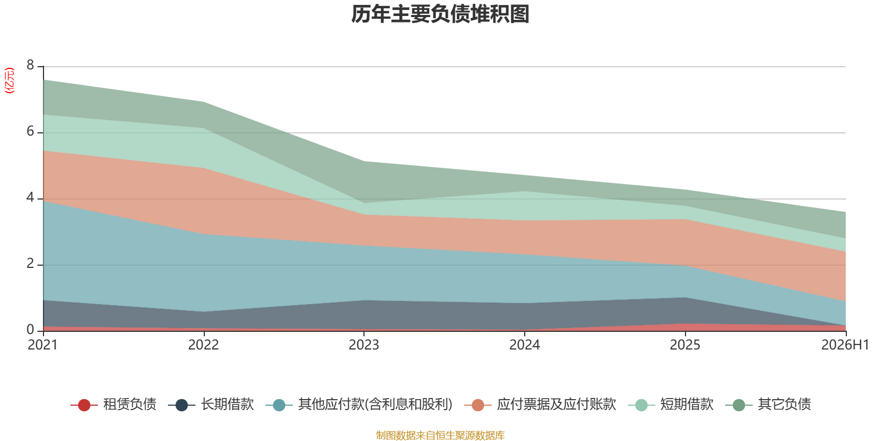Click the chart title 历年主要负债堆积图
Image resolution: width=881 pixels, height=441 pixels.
[440, 14]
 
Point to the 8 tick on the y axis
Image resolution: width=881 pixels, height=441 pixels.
[30, 65]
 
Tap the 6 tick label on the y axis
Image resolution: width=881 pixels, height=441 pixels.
[30, 132]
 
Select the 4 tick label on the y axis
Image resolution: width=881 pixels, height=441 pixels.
[30, 198]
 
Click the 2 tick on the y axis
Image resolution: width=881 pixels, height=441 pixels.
[30, 264]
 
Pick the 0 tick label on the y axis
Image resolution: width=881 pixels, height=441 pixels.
[30, 330]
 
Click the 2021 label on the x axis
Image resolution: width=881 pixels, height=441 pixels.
[43, 345]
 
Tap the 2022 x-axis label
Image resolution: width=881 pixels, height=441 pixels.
[203, 345]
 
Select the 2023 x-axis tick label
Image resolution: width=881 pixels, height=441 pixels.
[364, 345]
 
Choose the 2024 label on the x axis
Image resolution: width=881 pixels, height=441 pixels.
[525, 345]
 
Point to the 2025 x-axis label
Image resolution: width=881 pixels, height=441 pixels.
[685, 345]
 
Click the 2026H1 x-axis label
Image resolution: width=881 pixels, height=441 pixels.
[845, 345]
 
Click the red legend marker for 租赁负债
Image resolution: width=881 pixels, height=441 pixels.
[84, 405]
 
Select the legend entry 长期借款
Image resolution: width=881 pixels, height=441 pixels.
[211, 405]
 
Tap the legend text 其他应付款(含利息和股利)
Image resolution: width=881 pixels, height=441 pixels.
[359, 405]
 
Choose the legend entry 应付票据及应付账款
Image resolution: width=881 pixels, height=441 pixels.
[540, 405]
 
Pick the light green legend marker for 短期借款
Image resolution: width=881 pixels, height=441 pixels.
[641, 405]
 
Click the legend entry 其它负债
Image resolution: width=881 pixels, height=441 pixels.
[768, 405]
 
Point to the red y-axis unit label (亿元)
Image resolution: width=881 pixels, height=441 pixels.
[9, 80]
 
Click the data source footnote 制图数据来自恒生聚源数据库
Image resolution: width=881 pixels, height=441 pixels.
[440, 435]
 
